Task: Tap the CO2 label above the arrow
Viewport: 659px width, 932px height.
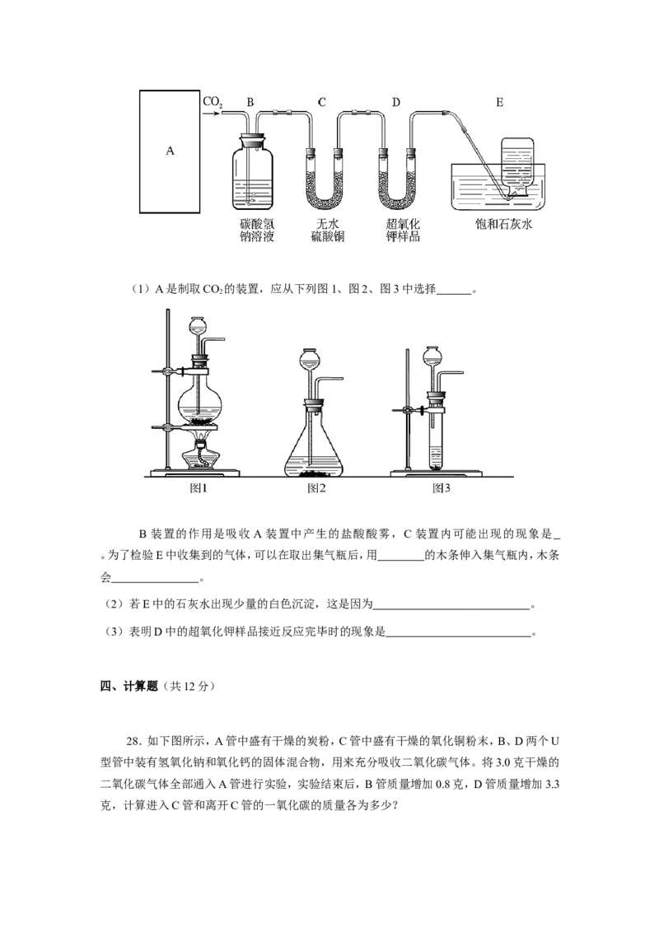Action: tap(213, 102)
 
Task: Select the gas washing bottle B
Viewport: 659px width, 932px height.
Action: tap(252, 173)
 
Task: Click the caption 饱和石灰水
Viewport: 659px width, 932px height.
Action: tap(503, 224)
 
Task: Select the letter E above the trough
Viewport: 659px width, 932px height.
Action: tap(499, 102)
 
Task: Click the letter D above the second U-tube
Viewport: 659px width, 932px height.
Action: tap(396, 102)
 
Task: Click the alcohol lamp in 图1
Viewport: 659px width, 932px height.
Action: tap(200, 454)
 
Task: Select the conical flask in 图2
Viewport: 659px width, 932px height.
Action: tap(314, 442)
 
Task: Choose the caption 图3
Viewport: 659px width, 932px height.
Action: tap(441, 488)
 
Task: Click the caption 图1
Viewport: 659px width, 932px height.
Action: tap(198, 488)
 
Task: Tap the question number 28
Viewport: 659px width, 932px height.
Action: tap(133, 741)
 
